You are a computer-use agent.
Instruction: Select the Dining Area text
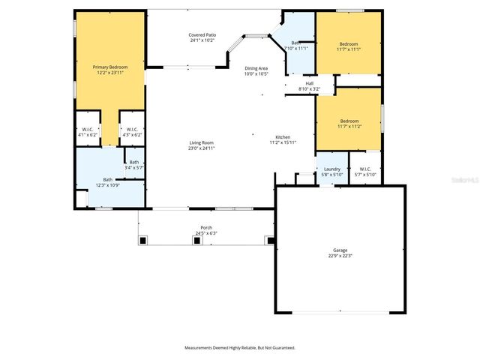(256, 68)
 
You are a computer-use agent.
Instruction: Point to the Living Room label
(201, 142)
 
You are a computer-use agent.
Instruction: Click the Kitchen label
(283, 137)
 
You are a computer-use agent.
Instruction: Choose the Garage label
(340, 250)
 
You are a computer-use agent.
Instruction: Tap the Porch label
(205, 227)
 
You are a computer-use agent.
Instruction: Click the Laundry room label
(332, 169)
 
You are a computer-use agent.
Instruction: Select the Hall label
(309, 83)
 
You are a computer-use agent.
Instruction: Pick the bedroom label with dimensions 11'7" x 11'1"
(349, 43)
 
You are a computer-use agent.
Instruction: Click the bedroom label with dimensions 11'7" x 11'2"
(349, 121)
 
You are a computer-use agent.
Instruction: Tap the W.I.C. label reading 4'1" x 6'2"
(88, 129)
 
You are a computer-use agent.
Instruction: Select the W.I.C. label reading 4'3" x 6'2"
(130, 129)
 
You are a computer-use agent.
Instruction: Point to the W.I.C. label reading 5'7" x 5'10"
(365, 169)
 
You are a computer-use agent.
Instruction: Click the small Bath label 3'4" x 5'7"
(133, 162)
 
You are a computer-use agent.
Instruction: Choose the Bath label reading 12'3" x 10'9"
(107, 179)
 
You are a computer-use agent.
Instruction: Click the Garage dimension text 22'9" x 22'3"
(340, 256)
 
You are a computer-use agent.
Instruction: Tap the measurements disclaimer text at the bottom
(240, 347)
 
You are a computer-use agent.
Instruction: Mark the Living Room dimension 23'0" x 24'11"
(201, 148)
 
